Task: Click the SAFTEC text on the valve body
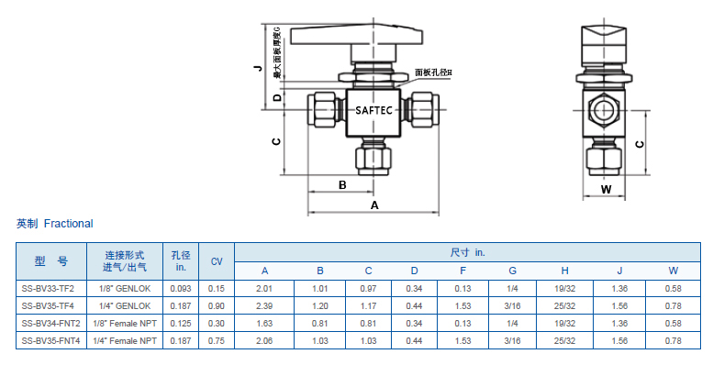tap(373, 110)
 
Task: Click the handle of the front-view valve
tap(356, 36)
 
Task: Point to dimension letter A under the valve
tap(374, 205)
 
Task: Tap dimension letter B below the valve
tap(342, 185)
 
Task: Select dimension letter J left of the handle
tap(258, 68)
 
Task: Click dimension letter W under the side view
tap(607, 189)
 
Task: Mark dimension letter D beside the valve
tap(277, 97)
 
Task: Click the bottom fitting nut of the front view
tap(373, 160)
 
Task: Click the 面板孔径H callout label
tap(433, 72)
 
